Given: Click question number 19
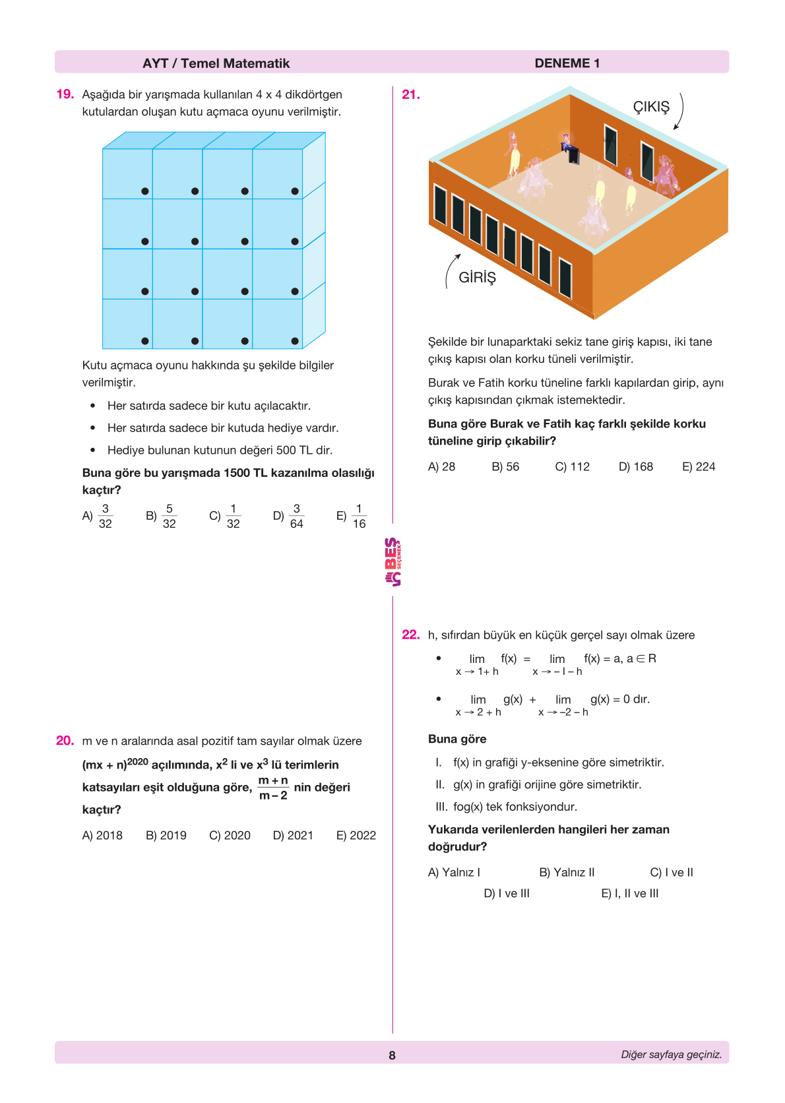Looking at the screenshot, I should (65, 94).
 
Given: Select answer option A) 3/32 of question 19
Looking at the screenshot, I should (98, 516).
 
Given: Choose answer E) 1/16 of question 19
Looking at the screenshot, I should (351, 516).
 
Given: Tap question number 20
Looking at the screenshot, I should (65, 741).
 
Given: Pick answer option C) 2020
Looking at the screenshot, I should (230, 835).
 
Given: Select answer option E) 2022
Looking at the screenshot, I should (356, 835).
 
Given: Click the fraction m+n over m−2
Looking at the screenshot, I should (273, 788).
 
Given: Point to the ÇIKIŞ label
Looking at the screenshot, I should (651, 107).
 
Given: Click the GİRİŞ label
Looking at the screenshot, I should (477, 277).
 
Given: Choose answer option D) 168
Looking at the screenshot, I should (636, 466).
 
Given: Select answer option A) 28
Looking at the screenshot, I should (441, 466).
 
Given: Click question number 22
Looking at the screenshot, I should (410, 635).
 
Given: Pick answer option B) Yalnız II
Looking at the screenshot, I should (567, 872).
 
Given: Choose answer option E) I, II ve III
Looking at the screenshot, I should (630, 893).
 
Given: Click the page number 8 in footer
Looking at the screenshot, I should (392, 1055).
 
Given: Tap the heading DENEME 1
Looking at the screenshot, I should (567, 63).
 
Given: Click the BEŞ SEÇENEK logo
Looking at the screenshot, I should (392, 562).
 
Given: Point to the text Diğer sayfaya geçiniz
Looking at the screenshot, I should (671, 1054).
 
